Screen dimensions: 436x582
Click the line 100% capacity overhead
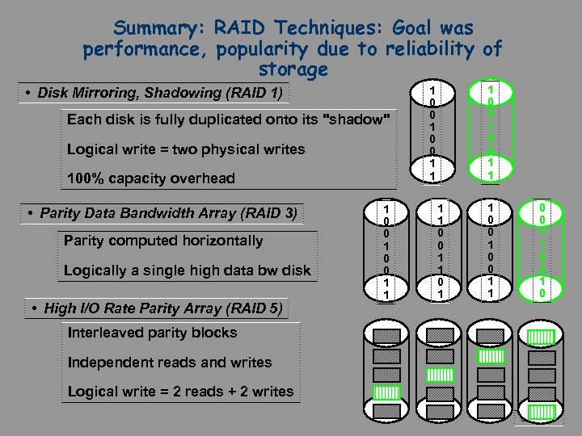pyautogui.click(x=151, y=178)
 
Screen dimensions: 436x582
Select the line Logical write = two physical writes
pyautogui.click(x=186, y=149)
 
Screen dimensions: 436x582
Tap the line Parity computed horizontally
pyautogui.click(x=163, y=241)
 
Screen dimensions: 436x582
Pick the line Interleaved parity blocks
pyautogui.click(x=153, y=333)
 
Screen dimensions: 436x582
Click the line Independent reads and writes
pyautogui.click(x=170, y=363)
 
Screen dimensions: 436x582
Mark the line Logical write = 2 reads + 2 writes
pyautogui.click(x=180, y=392)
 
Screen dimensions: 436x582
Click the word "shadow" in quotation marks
pyautogui.click(x=356, y=119)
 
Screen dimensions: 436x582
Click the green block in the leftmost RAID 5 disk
pyautogui.click(x=387, y=393)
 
